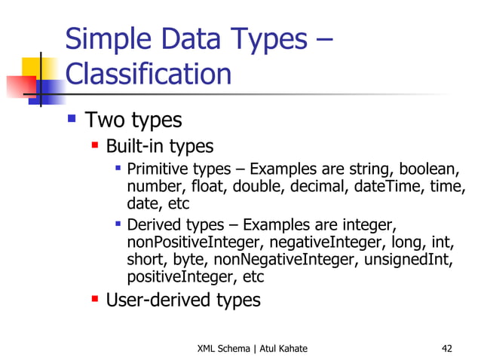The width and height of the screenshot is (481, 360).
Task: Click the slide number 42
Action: coord(447,348)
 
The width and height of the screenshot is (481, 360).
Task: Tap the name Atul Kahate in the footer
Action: coord(283,348)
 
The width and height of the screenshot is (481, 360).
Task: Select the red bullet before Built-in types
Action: coord(95,145)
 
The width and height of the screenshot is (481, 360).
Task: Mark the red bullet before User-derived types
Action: coord(95,300)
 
